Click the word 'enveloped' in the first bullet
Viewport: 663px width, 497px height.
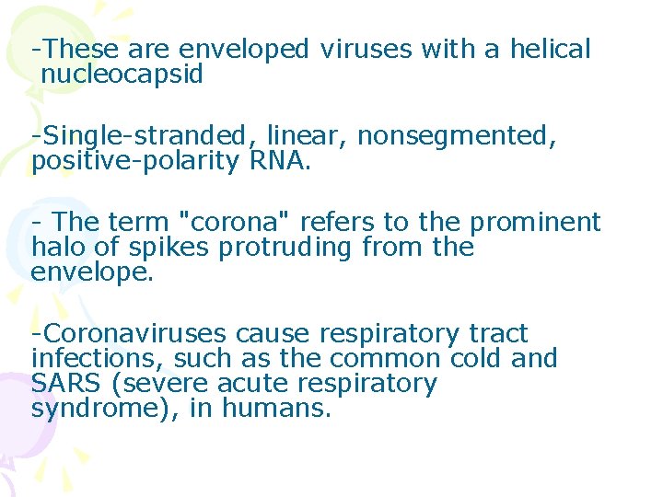coord(245,50)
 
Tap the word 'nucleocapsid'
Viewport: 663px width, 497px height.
coord(122,75)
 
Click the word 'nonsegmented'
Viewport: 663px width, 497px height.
coord(457,136)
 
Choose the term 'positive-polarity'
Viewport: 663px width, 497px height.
coord(136,162)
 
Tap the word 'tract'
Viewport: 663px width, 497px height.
coord(497,333)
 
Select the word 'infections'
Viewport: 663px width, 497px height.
coord(97,358)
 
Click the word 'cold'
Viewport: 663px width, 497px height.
coord(474,358)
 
